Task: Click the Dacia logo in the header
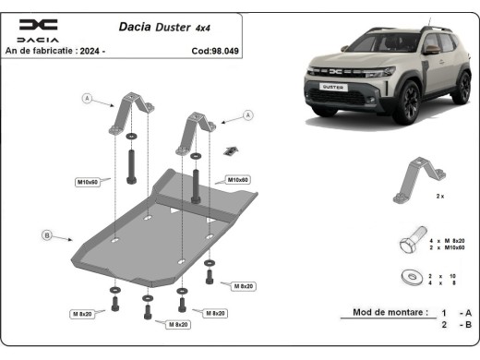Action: [38, 30]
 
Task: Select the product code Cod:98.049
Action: [214, 51]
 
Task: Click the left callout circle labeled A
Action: [88, 98]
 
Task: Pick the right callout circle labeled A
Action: [248, 115]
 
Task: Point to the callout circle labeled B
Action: [46, 235]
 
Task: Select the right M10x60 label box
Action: [239, 179]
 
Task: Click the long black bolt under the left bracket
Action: [130, 164]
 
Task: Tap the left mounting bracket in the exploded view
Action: [131, 114]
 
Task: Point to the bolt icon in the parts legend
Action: [409, 243]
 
